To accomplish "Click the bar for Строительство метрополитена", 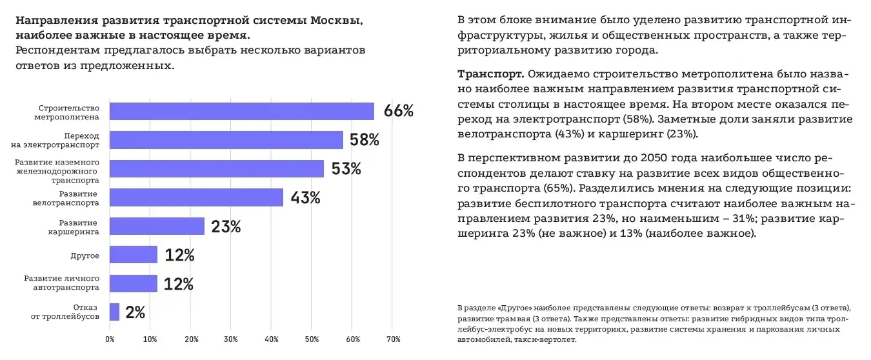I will (x=242, y=112).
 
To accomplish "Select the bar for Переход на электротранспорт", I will (x=226, y=140).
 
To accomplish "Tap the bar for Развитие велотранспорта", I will (x=196, y=197).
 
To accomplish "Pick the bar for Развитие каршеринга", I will (x=157, y=226).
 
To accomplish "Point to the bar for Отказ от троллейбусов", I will (x=115, y=312).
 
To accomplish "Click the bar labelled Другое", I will (x=134, y=255).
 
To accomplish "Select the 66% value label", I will (x=398, y=111).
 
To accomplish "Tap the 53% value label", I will (x=346, y=169).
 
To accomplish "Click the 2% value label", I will (x=135, y=313).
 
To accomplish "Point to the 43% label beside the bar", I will (x=305, y=197).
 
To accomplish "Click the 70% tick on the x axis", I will (x=393, y=339).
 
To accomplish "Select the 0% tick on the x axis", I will (x=110, y=339).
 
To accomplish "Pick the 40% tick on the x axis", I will (x=272, y=339).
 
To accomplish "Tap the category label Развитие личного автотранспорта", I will (x=61, y=283).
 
